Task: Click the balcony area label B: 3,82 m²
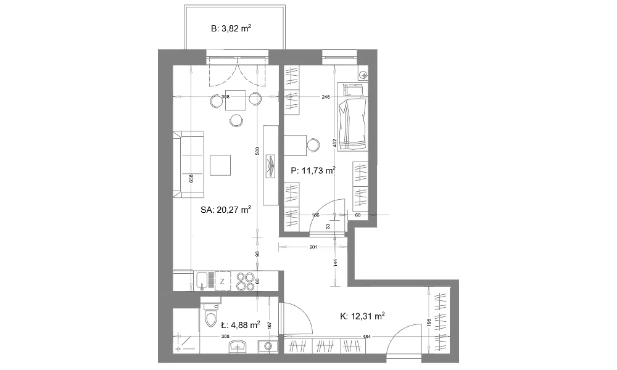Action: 231,28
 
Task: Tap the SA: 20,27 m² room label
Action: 226,210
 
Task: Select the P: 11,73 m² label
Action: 313,170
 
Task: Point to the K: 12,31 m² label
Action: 362,316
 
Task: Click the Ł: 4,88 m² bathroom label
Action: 240,325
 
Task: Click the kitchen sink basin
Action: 202,281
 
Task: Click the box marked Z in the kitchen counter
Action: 222,281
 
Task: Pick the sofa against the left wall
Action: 188,165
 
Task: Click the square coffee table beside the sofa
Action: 220,165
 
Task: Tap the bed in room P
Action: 352,117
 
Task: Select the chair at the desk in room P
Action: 313,145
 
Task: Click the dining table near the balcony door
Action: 235,101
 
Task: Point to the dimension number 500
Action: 257,151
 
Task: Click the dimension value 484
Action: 366,337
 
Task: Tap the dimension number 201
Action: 313,247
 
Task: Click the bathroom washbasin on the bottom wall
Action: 238,346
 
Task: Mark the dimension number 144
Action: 335,263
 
